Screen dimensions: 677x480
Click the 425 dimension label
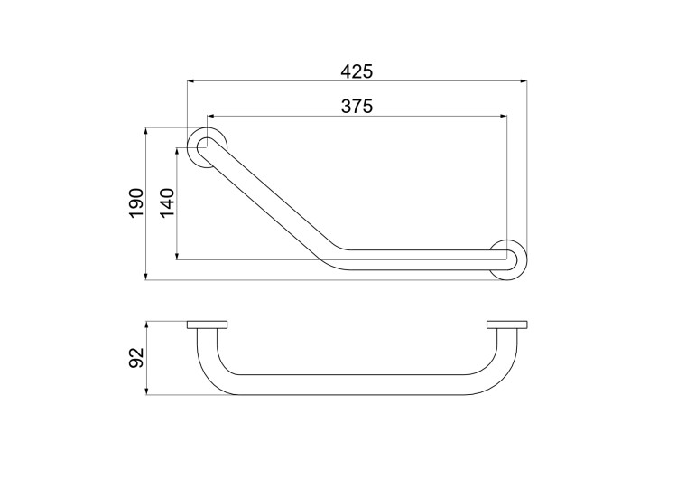coord(357,71)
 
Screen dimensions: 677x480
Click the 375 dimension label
coord(357,106)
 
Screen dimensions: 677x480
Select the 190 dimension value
coord(136,203)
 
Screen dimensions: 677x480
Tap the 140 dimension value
coord(168,203)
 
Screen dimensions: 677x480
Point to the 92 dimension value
coord(136,358)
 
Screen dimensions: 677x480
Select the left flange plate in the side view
coord(208,325)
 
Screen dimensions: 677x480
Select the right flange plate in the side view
coord(507,325)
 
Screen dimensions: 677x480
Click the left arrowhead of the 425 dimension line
coord(190,80)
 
